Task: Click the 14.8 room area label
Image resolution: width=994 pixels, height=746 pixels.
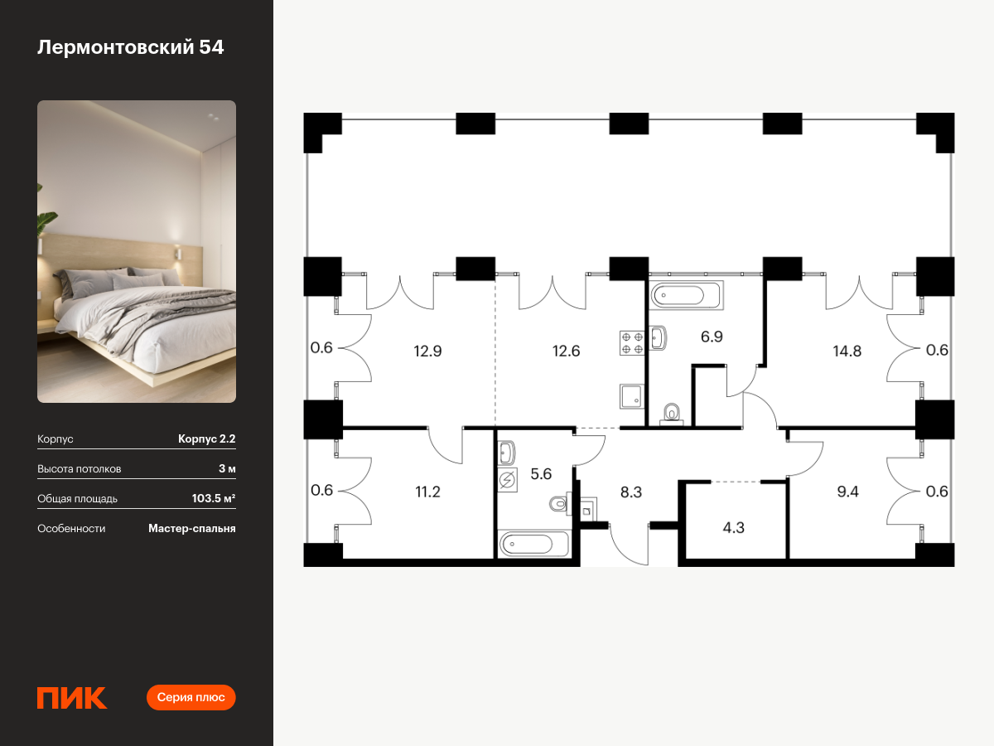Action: (x=847, y=351)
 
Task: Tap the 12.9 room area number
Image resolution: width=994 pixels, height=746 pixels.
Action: (x=427, y=351)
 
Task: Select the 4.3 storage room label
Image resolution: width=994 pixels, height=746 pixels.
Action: (x=733, y=528)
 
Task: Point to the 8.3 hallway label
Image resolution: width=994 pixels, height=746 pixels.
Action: (x=631, y=492)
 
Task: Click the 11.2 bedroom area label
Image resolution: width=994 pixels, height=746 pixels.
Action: (x=427, y=492)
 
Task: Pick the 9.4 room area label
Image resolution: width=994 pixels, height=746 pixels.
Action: (x=847, y=492)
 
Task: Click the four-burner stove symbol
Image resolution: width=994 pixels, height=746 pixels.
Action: (x=632, y=343)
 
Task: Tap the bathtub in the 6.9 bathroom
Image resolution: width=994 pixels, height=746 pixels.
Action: (x=686, y=295)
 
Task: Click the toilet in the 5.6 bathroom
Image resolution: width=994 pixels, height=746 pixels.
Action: (x=561, y=503)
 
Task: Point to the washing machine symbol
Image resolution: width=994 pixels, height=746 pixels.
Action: (x=508, y=480)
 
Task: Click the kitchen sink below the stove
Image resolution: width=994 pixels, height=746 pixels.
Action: (x=632, y=396)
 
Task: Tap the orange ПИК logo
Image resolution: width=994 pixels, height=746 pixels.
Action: (x=72, y=698)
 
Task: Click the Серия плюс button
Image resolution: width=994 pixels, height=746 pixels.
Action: (x=191, y=697)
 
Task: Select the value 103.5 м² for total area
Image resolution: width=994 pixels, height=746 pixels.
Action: (x=213, y=498)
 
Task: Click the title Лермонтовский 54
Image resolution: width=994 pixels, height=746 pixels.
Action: (x=130, y=47)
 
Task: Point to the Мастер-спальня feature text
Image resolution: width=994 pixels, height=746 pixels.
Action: (x=192, y=529)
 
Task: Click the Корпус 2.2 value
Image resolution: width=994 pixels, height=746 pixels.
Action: (x=206, y=438)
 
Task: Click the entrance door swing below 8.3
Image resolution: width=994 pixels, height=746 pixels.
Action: (x=629, y=545)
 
